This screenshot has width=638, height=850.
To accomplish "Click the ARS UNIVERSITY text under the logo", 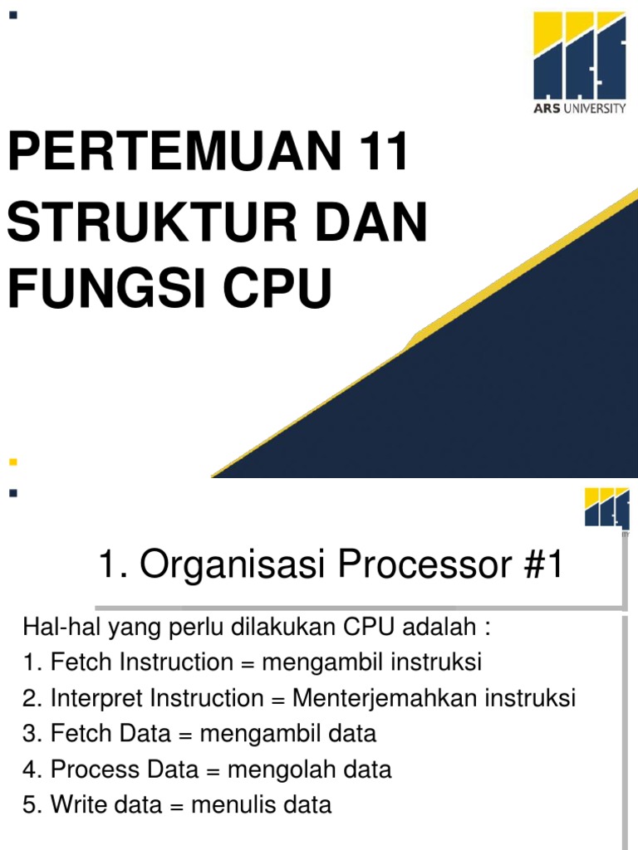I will (x=579, y=110).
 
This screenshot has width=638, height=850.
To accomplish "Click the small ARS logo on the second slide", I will (x=606, y=507).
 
